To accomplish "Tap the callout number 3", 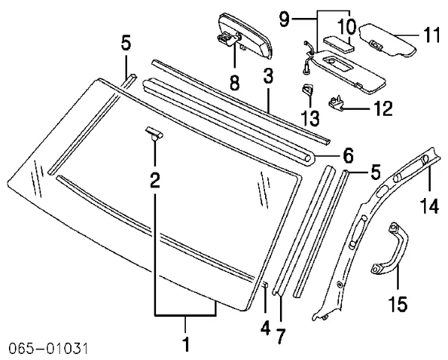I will (x=267, y=77).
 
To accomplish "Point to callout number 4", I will (x=264, y=326).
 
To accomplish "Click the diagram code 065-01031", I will (x=49, y=348).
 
